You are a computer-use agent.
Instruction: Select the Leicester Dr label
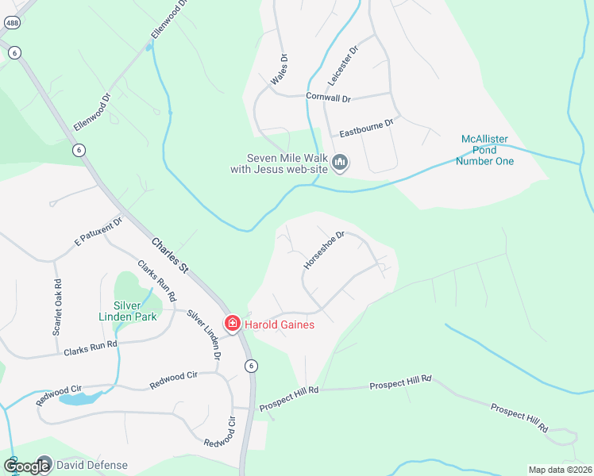(343, 66)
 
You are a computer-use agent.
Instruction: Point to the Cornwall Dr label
(328, 98)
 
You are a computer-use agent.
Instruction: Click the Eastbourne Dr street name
(366, 125)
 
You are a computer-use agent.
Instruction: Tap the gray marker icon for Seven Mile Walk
(340, 163)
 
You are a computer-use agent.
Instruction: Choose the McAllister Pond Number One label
(484, 150)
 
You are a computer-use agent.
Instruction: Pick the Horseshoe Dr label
(324, 249)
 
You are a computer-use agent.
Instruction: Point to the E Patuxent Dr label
(98, 229)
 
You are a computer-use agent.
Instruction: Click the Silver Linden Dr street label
(204, 334)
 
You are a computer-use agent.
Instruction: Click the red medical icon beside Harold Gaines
(232, 324)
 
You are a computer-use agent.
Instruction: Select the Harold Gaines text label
(279, 324)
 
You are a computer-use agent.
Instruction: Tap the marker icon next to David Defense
(44, 464)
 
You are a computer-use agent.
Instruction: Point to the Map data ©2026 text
(559, 470)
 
